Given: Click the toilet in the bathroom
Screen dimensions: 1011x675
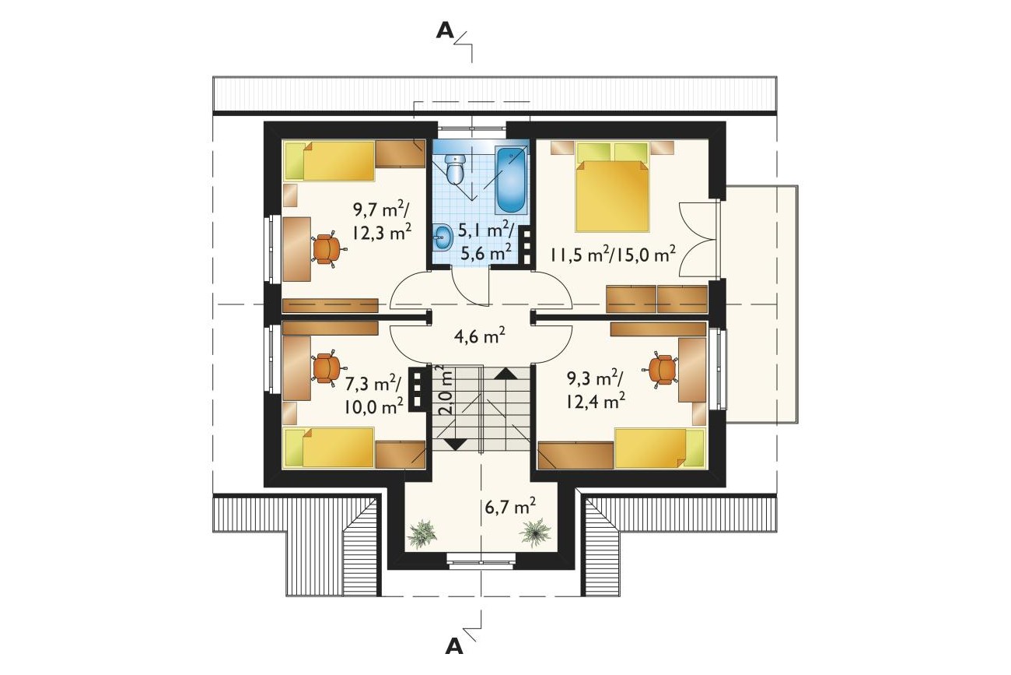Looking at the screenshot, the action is coord(455,169).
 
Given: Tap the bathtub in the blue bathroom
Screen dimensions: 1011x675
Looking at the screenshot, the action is coord(511,179).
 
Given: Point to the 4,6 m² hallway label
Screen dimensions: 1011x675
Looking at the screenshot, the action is coord(479,336).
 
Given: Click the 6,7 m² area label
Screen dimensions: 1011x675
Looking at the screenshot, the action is coord(510,508).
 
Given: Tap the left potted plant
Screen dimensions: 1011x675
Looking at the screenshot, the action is coord(422,534).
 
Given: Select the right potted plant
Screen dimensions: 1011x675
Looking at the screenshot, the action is coord(535,533).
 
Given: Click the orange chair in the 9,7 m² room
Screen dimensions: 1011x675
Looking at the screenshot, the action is coord(327,249).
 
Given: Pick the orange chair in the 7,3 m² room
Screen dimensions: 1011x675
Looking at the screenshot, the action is coord(327,367).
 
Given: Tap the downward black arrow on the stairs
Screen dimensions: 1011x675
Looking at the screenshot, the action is coord(455,445).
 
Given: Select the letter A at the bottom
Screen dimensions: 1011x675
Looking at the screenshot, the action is coord(454,647).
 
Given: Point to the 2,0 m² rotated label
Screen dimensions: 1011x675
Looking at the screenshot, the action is coord(445,390).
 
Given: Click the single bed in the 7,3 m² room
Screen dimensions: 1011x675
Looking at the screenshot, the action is coord(330,448).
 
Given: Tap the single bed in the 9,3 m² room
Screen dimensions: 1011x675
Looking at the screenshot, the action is coord(659,448).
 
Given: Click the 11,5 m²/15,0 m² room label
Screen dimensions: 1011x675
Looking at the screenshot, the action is coord(613,255).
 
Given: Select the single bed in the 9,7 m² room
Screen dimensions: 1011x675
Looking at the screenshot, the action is coord(330,161).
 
